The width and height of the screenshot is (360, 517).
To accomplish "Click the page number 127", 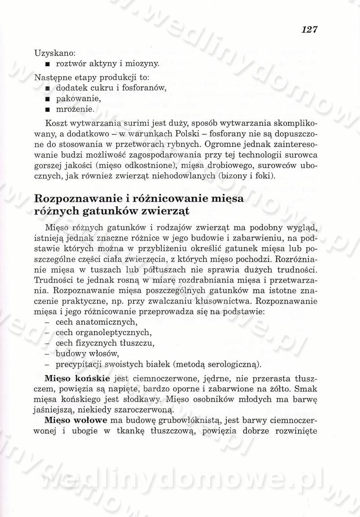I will point(310,30).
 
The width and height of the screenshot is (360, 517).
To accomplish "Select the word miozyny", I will point(144,64).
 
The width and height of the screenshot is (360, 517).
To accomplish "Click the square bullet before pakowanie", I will point(47,98).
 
